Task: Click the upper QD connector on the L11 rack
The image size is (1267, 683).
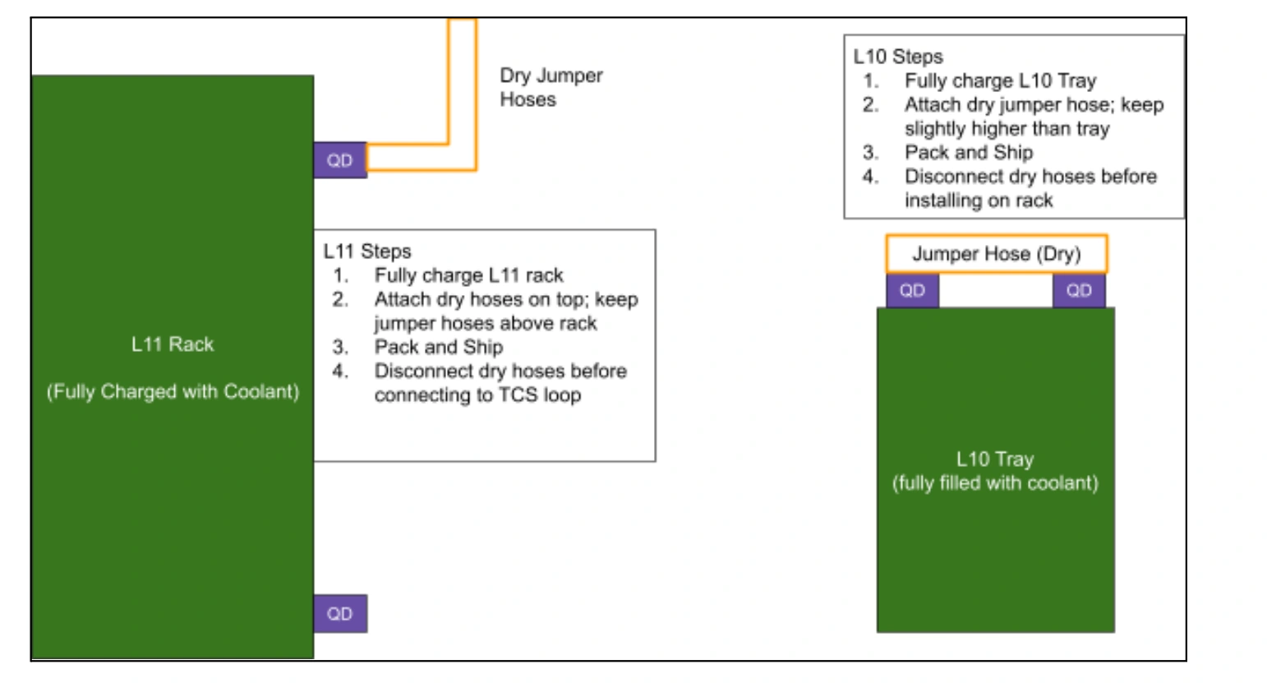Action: coord(340,160)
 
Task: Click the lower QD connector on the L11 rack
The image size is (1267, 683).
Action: coord(340,613)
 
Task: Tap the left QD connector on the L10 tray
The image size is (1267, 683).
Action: coord(912,291)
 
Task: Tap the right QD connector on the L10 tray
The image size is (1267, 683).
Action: coord(1079,291)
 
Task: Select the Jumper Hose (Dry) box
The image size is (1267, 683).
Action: coord(997,254)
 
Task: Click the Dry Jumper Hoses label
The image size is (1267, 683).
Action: coord(551,87)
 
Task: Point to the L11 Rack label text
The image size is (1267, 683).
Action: coord(173,344)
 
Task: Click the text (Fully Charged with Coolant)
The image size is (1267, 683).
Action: coord(173,391)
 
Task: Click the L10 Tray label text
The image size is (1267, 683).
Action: coord(995,459)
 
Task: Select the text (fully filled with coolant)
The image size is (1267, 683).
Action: coord(995,482)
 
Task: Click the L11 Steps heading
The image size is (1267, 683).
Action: coord(367,252)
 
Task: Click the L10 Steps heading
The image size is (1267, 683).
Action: coord(898,57)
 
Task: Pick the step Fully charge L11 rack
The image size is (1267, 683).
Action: coord(469,275)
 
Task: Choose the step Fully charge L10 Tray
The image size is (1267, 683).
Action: coord(1001,81)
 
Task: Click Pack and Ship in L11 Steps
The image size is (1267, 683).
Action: coord(439,347)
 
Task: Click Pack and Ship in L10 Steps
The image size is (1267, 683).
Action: coord(969,152)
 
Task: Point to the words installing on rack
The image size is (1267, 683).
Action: coord(979,201)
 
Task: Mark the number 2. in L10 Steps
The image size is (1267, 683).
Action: coord(870,104)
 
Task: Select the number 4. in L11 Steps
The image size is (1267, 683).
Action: coord(340,371)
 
